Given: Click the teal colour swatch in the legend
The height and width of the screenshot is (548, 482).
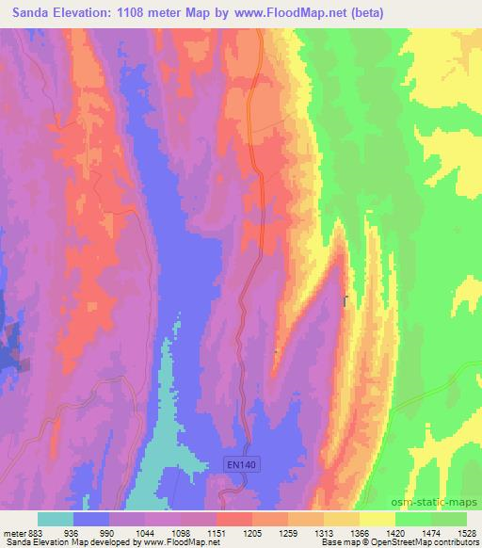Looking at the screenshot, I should pyautogui.click(x=56, y=519).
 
